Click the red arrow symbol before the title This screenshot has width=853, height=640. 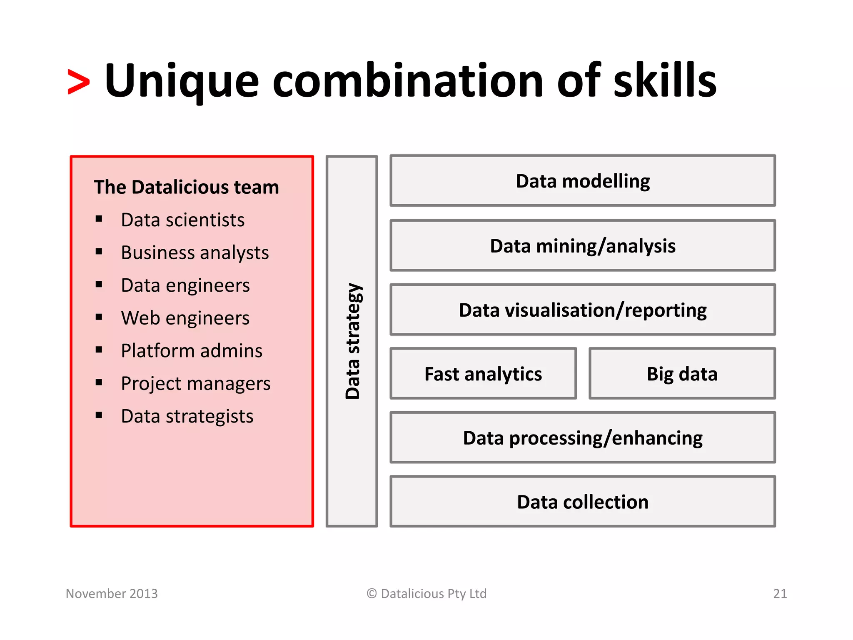click(x=78, y=82)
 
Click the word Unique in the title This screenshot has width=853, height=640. click(x=182, y=81)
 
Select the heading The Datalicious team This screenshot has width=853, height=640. click(x=186, y=187)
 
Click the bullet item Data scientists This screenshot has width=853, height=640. click(x=182, y=220)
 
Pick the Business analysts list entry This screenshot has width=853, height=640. click(x=195, y=252)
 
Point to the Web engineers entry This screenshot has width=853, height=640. click(x=185, y=318)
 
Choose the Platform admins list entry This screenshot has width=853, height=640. click(x=192, y=351)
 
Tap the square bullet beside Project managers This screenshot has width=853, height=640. click(x=99, y=382)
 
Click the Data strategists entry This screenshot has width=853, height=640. click(x=187, y=416)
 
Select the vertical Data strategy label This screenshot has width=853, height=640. click(x=352, y=341)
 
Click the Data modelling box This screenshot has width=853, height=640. click(x=582, y=181)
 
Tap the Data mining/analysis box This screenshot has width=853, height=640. click(x=582, y=246)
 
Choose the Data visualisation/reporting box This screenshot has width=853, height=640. click(x=582, y=310)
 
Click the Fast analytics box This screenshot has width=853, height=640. click(x=483, y=374)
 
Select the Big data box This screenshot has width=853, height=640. click(x=682, y=374)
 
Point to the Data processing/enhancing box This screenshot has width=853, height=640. click(x=582, y=438)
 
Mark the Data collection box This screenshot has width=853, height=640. click(x=582, y=502)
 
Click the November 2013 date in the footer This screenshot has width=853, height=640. click(x=112, y=593)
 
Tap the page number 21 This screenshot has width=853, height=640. click(x=780, y=593)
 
